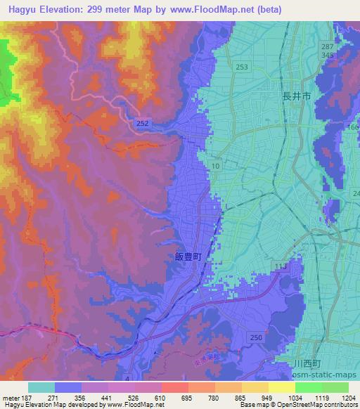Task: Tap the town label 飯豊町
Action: pos(188,257)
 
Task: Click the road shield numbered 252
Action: pos(143,122)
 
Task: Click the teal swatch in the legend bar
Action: pos(41,387)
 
